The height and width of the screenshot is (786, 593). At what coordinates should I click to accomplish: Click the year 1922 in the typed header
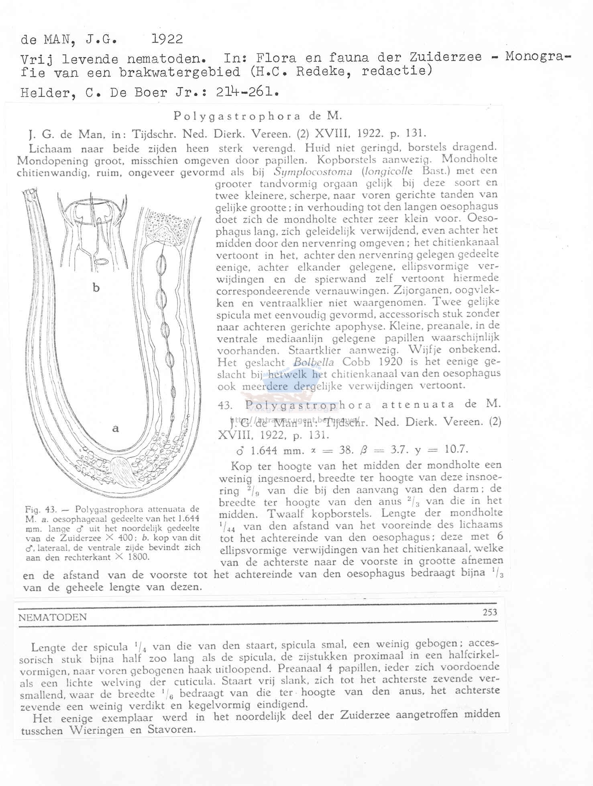tap(167, 39)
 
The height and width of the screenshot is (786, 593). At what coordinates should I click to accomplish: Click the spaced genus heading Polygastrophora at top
tap(237, 116)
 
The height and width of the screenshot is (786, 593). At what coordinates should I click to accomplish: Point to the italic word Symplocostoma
tap(313, 172)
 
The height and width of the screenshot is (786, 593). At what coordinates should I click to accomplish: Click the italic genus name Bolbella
tap(313, 362)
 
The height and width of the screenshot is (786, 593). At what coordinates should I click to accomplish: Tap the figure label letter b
tap(96, 288)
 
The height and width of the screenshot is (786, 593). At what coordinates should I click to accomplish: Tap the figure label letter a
tap(116, 429)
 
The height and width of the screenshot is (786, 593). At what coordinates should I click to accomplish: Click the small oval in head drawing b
tap(101, 261)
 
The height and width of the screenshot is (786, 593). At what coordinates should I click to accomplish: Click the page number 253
tap(490, 612)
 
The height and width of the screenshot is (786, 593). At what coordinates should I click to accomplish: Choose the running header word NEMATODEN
tap(52, 617)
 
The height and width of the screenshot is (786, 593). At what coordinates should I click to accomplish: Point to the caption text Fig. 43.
tap(40, 510)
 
